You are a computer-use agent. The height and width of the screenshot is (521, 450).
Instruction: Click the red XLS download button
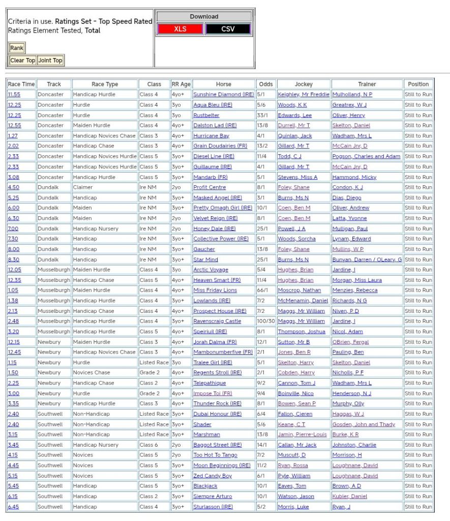coord(180,29)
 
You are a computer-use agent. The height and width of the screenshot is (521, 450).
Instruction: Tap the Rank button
coord(17,48)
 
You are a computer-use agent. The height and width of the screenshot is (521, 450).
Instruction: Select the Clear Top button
coord(23,60)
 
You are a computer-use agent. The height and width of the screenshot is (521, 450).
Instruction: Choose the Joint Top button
coord(50,60)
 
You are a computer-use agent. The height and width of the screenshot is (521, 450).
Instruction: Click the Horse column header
coord(223,84)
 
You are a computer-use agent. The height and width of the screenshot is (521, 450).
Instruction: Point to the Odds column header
coord(265,84)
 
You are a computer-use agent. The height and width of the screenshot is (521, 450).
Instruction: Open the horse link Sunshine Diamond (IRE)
coord(223,95)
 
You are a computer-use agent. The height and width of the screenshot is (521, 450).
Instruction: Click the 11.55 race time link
coord(14,95)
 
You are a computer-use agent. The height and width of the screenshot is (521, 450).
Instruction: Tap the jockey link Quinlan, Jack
coord(294,136)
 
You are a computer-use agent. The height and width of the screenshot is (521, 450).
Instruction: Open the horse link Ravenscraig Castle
coord(217,321)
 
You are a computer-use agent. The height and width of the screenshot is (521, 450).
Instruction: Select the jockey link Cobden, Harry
coord(296,373)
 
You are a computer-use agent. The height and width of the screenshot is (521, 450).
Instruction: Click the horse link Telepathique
coord(209,383)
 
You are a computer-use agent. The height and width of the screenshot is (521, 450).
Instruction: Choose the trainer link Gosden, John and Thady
coord(364,424)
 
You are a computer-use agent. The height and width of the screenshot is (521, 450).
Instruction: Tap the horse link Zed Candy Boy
coord(213,476)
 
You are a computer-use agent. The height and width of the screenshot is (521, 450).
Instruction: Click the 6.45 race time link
coord(13,507)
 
